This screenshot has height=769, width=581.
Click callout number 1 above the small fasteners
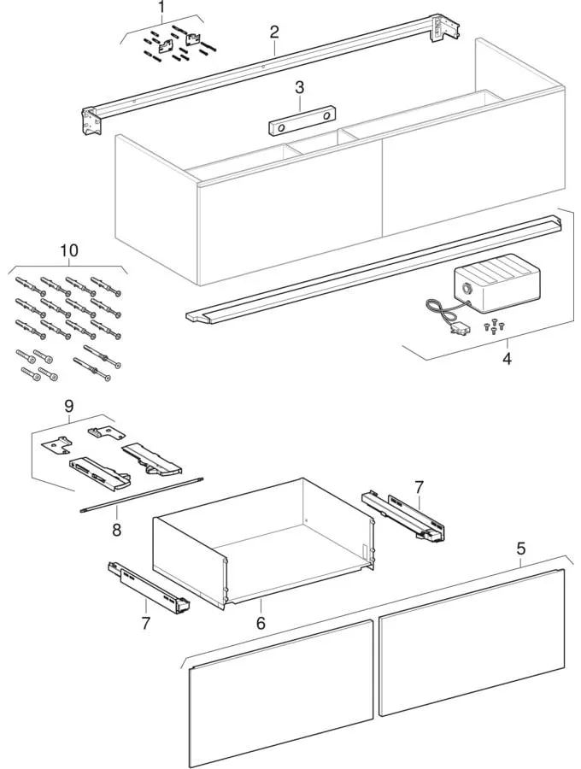[x=160, y=8]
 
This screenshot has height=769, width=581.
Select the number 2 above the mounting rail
[x=274, y=32]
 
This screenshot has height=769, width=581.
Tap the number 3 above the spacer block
[x=299, y=86]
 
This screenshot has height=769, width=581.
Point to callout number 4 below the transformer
[x=507, y=359]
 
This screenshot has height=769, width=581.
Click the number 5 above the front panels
[x=521, y=550]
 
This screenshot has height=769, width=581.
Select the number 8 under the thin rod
[x=117, y=530]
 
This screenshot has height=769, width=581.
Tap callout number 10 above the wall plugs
[x=68, y=250]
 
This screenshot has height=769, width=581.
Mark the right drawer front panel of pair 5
[x=470, y=641]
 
